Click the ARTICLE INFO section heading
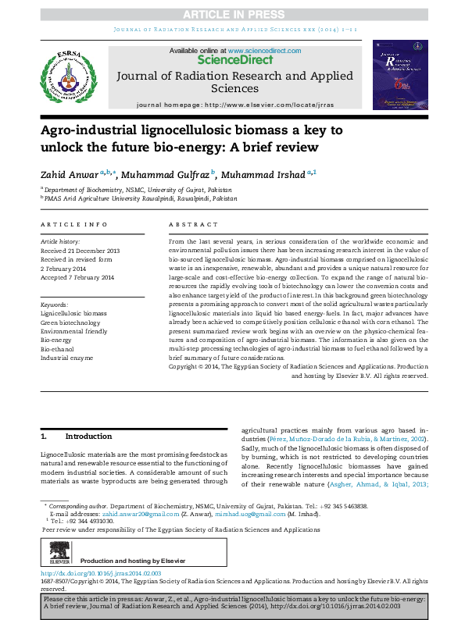pos(74,225)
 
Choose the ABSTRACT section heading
pos(191,225)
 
